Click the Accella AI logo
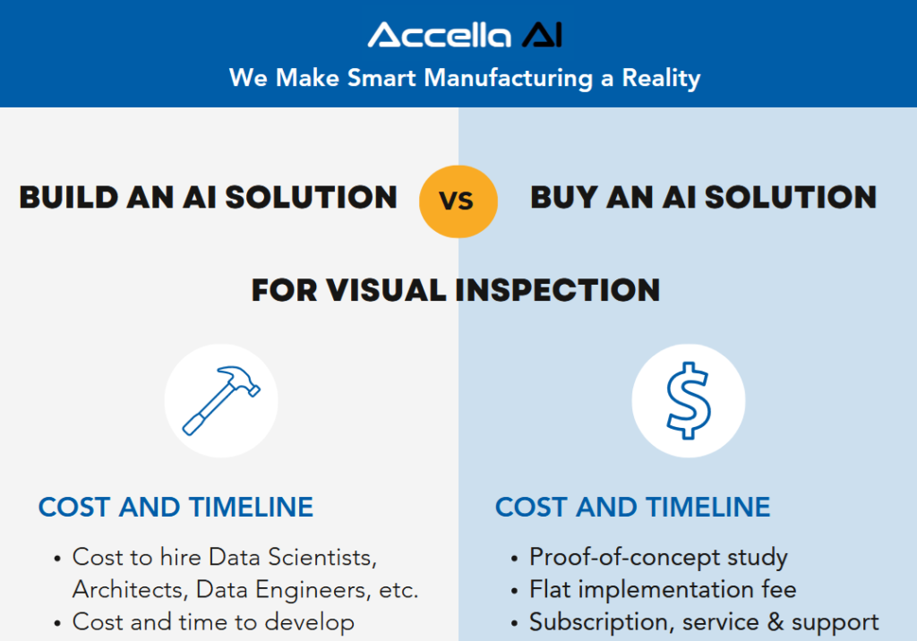(465, 35)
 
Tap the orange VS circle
(458, 201)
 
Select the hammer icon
(221, 401)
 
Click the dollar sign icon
(689, 401)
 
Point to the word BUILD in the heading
(69, 197)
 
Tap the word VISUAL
(387, 290)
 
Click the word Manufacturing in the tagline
(509, 79)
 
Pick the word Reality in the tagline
(661, 79)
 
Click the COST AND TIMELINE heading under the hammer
(176, 507)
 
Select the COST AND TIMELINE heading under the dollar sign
(633, 507)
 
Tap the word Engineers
(313, 591)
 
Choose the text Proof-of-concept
(624, 558)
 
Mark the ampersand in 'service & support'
(776, 621)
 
